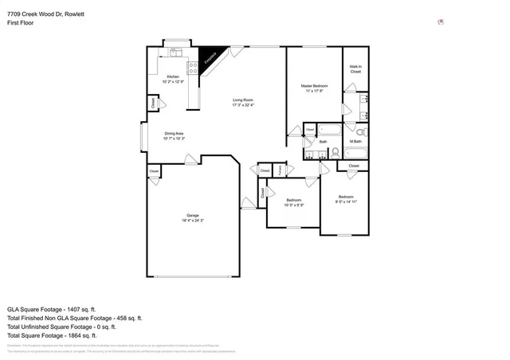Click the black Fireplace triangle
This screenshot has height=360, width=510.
(210, 56)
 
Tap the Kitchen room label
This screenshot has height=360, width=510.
(172, 79)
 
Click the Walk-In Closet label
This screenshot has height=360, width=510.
(355, 69)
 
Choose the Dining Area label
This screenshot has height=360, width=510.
(174, 135)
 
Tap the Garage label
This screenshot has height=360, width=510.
(192, 217)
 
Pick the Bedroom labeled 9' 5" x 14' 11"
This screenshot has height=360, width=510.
(345, 199)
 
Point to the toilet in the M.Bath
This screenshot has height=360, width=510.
(360, 131)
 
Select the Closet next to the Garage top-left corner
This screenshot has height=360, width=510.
(154, 170)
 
